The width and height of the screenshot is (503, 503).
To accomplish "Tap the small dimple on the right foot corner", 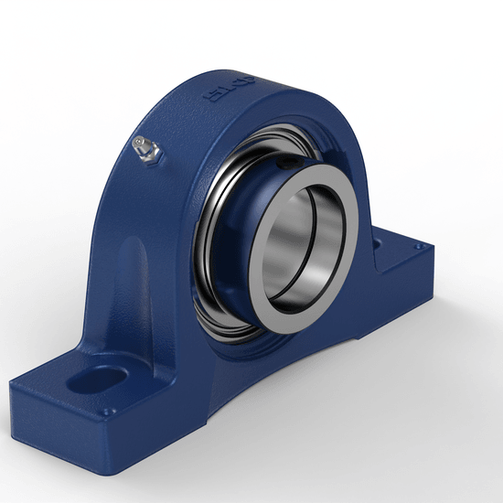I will coord(420,246).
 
